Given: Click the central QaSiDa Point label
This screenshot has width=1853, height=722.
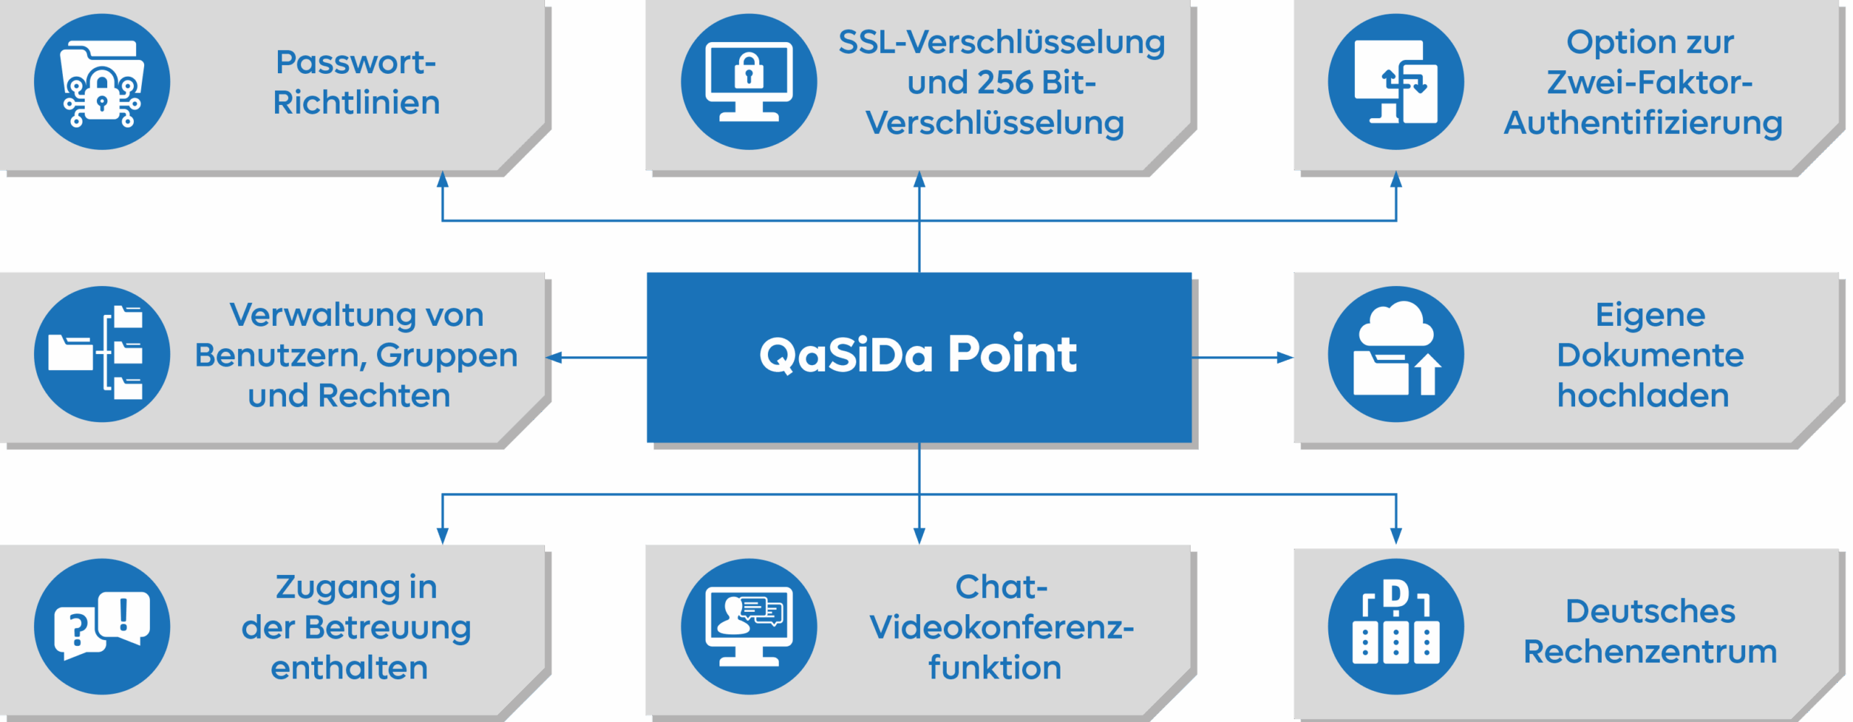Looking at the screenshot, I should click(918, 355).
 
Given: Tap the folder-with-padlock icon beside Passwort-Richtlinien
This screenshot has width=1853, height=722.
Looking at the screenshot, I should click(102, 82).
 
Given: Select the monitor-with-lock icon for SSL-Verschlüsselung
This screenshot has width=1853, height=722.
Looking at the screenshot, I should click(748, 82).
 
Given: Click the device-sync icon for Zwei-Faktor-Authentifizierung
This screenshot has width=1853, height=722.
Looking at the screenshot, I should click(1396, 82).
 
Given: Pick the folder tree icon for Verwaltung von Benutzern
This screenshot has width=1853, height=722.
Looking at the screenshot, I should click(102, 354).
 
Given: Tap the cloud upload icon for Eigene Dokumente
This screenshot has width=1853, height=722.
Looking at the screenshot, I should click(1396, 354).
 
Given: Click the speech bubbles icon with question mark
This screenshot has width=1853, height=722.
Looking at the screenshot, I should click(102, 626).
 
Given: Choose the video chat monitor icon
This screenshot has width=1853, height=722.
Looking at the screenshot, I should click(748, 626).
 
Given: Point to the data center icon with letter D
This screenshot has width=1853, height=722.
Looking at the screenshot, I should click(1396, 626).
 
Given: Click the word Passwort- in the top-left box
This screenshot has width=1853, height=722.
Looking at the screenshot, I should click(355, 63).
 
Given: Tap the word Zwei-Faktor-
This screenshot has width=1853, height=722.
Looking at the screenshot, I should click(1650, 83).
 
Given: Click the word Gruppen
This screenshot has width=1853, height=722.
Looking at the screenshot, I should click(447, 356).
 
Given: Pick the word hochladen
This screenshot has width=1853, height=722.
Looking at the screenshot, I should click(1643, 396).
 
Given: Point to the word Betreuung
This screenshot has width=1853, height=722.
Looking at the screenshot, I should click(387, 628).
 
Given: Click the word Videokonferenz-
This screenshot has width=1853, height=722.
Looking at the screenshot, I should click(1002, 628).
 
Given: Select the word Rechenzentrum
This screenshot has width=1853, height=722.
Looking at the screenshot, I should click(1650, 652).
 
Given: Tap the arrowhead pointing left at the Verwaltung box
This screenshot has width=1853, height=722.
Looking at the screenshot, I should click(554, 357).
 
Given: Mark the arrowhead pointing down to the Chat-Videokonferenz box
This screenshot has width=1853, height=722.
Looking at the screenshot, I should click(919, 537).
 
